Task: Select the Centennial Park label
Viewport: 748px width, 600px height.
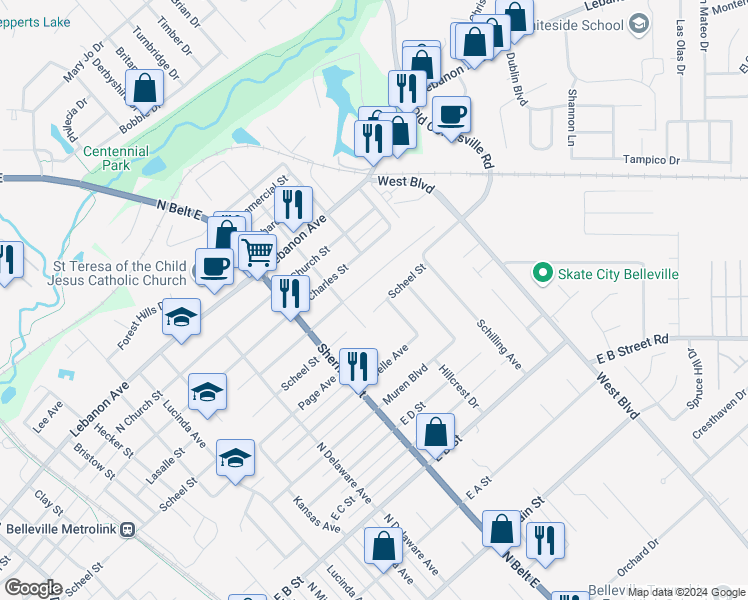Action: [x=116, y=158]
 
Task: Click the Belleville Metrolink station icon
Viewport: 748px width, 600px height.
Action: [x=127, y=529]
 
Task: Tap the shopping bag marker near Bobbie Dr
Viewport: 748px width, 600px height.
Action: [x=145, y=88]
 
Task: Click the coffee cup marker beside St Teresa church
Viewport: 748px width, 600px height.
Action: [x=215, y=267]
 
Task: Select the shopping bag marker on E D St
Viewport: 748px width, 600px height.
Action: [x=435, y=433]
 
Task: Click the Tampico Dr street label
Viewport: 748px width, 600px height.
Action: [x=651, y=160]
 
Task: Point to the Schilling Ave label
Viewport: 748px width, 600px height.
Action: [x=499, y=344]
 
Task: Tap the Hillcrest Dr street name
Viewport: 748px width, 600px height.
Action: [x=459, y=386]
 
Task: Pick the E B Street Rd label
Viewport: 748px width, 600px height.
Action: [x=632, y=348]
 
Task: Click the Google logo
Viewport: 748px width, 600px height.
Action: [x=33, y=588]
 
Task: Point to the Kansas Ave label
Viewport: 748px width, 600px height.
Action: [x=317, y=513]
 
